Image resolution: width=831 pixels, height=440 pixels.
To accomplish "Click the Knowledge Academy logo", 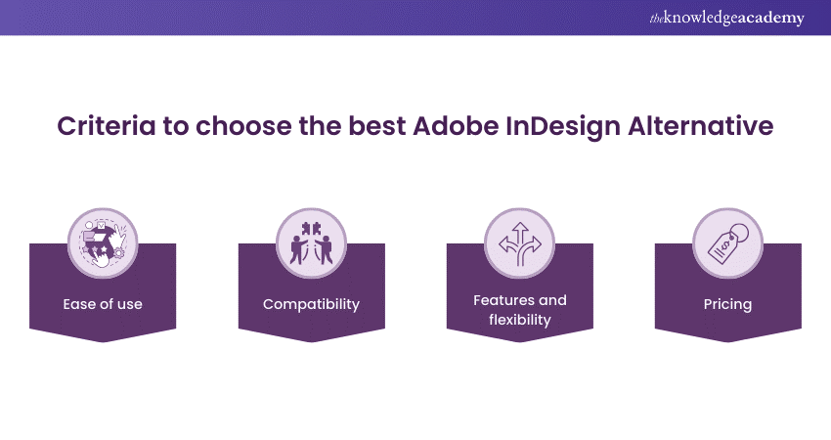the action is pyautogui.click(x=726, y=18).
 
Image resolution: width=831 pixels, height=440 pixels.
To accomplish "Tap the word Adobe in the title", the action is pyautogui.click(x=456, y=126).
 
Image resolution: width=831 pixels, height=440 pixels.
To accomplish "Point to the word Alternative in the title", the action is pyautogui.click(x=701, y=126).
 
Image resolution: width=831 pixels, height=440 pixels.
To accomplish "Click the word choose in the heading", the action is pyautogui.click(x=243, y=126).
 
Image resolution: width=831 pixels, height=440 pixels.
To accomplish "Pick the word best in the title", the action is pyautogui.click(x=376, y=126).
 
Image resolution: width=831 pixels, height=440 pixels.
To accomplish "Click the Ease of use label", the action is pyautogui.click(x=103, y=304).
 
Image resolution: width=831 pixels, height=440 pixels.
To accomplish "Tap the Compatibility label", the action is pyautogui.click(x=311, y=305).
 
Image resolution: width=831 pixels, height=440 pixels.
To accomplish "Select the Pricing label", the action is pyautogui.click(x=727, y=305).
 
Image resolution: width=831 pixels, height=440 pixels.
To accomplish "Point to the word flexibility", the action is pyautogui.click(x=520, y=320).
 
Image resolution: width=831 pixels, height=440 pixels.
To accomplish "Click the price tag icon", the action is pyautogui.click(x=727, y=243).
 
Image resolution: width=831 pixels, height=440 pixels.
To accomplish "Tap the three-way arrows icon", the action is pyautogui.click(x=520, y=243).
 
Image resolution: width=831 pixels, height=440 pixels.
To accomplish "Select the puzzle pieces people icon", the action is pyautogui.click(x=311, y=243).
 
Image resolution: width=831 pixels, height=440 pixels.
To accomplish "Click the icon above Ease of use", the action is pyautogui.click(x=103, y=243).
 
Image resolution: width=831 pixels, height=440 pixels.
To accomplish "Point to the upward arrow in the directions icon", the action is pyautogui.click(x=520, y=236).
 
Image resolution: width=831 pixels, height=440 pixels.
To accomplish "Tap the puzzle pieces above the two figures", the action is pyautogui.click(x=311, y=229).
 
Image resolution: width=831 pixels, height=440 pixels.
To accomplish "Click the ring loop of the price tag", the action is pyautogui.click(x=738, y=231).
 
